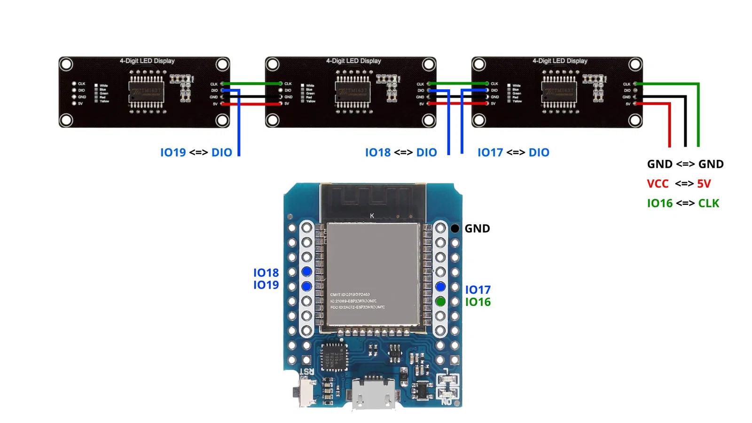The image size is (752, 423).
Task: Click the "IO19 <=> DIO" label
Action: [196, 153]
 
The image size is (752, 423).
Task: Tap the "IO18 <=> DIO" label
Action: [401, 153]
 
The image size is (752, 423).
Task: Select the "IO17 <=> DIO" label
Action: [513, 153]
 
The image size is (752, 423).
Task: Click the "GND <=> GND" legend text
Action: [685, 164]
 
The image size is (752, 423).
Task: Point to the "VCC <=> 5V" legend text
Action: [679, 184]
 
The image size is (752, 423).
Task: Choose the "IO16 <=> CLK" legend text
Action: [683, 204]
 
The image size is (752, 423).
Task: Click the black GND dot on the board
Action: [455, 228]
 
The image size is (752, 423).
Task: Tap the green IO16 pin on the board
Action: [440, 302]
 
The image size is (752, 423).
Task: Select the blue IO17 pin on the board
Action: [440, 287]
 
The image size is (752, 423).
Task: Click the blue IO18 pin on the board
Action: [306, 271]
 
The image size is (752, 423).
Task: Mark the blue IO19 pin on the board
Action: [306, 286]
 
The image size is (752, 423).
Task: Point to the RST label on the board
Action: [306, 371]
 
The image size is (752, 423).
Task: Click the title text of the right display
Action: [560, 61]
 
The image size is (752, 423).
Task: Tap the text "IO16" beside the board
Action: [478, 302]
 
